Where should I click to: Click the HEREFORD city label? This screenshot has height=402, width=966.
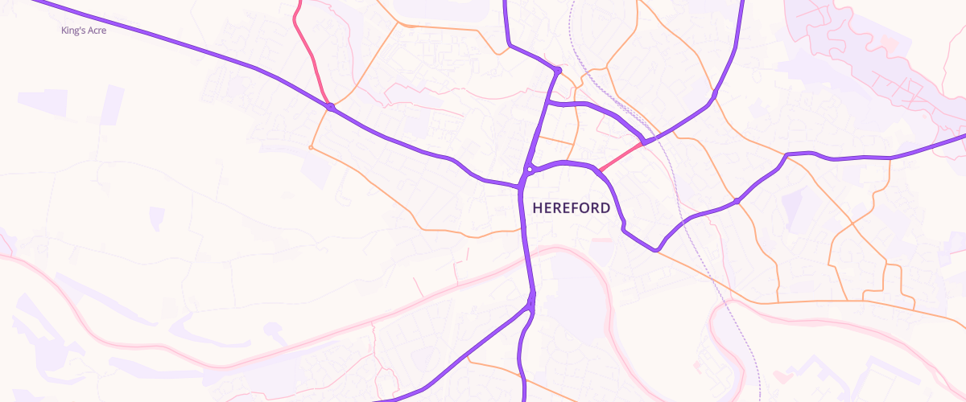571,207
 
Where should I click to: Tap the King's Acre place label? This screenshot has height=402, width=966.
84,31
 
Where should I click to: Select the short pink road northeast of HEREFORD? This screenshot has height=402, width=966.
620,158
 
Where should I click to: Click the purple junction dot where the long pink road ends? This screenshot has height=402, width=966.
330,107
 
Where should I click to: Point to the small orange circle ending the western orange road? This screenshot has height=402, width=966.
311,147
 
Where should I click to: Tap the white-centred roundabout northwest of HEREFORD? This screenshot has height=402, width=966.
530,170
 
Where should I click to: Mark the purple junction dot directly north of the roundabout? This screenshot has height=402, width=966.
557,71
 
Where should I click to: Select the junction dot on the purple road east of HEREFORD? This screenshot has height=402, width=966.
737,200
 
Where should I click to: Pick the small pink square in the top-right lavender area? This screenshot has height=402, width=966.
890,42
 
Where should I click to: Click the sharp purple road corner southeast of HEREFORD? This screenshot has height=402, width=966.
657,249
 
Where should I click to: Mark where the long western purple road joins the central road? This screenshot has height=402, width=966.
518,186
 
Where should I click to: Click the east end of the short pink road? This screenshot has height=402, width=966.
643,144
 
